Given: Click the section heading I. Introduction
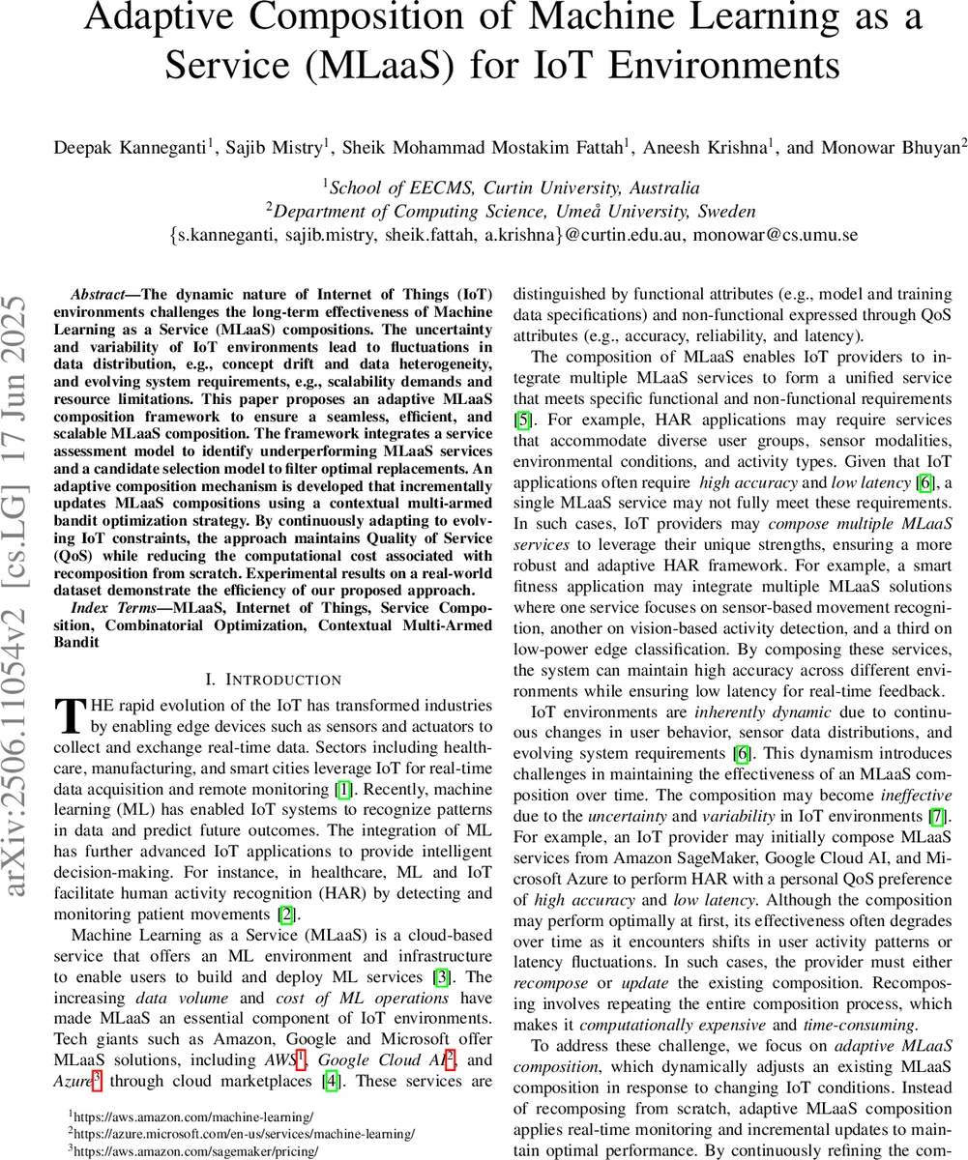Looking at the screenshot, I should point(274,680).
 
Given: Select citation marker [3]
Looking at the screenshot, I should point(442,976).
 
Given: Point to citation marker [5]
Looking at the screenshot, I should point(520,418).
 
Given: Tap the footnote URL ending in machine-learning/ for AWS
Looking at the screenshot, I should point(191,1116).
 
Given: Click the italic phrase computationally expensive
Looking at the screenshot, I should point(663,1024).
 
